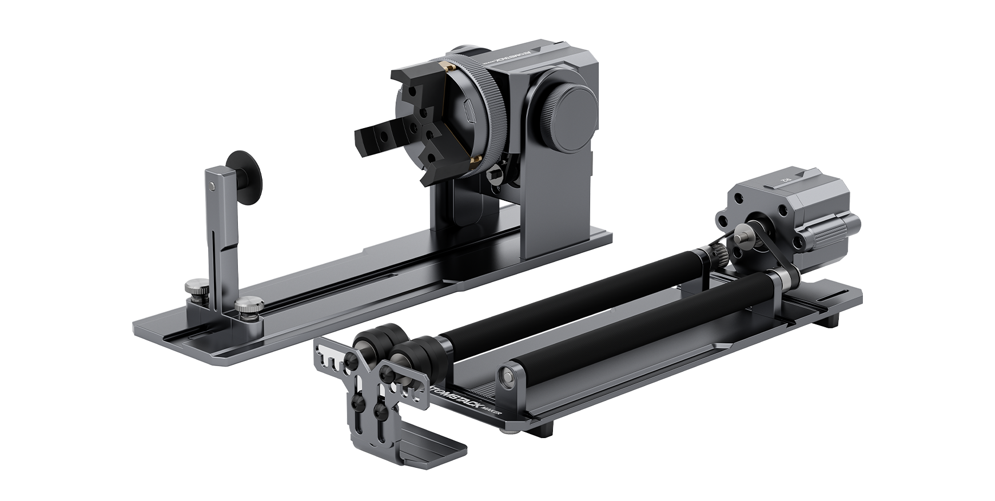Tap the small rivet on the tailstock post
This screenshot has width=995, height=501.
[x=213, y=185]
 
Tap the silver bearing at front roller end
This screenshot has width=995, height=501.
[x=505, y=376]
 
